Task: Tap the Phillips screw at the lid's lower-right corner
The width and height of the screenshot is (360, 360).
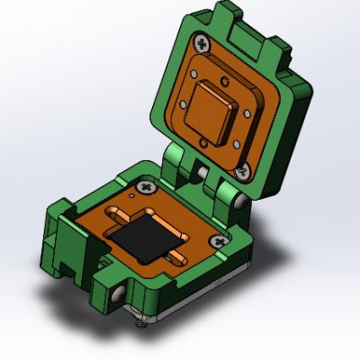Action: (x=241, y=166)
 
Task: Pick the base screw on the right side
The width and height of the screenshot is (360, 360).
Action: (x=219, y=240)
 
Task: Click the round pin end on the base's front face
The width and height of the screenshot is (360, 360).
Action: (x=118, y=295)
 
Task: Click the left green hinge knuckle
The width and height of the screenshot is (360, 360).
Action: (x=180, y=166)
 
